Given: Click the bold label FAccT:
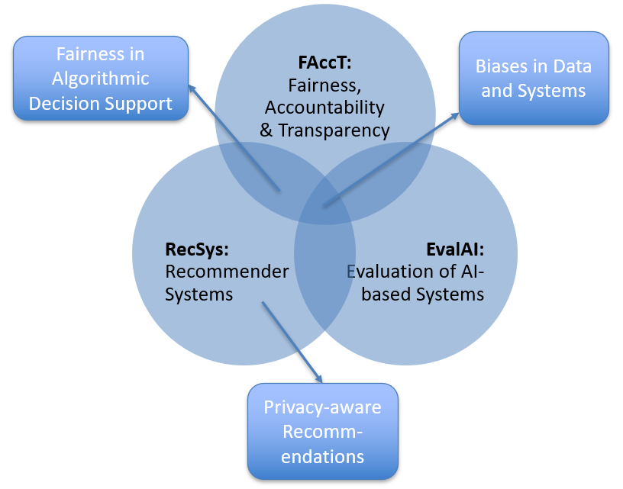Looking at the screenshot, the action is pyautogui.click(x=324, y=63).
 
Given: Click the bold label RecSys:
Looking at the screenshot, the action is pyautogui.click(x=197, y=249).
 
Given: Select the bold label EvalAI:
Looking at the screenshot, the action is pyautogui.click(x=455, y=249).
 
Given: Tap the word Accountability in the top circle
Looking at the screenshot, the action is pyautogui.click(x=324, y=108).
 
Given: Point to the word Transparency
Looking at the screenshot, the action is pyautogui.click(x=334, y=130).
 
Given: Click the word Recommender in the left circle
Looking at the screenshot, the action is pyautogui.click(x=227, y=272).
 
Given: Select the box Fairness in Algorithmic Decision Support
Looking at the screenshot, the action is pyautogui.click(x=101, y=78).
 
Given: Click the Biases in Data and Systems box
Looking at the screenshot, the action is pyautogui.click(x=534, y=78).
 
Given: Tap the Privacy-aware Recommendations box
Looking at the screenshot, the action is pyautogui.click(x=323, y=432).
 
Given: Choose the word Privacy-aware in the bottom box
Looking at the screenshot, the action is pyautogui.click(x=323, y=407).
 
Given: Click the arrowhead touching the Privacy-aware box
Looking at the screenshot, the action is pyautogui.click(x=318, y=378).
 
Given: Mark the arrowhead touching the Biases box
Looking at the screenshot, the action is pyautogui.click(x=454, y=116).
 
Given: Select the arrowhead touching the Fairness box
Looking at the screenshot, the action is pyautogui.click(x=192, y=89).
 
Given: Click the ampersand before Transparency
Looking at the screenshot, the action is pyautogui.click(x=266, y=130).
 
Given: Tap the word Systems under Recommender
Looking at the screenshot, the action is pyautogui.click(x=199, y=294).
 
